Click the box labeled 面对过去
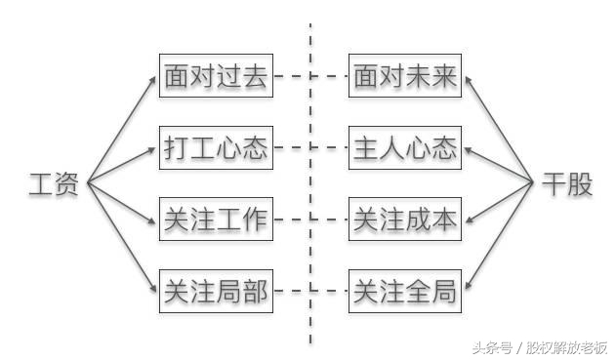(x=215, y=77)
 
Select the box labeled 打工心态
(x=215, y=149)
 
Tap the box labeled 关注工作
(x=215, y=220)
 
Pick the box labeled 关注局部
(x=215, y=290)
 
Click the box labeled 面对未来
(x=405, y=77)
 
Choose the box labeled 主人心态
(x=405, y=149)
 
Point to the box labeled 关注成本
(x=405, y=220)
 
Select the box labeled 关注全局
(x=405, y=290)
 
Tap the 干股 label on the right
(x=567, y=184)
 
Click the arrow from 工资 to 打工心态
(x=121, y=166)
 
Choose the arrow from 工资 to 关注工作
(x=121, y=202)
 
